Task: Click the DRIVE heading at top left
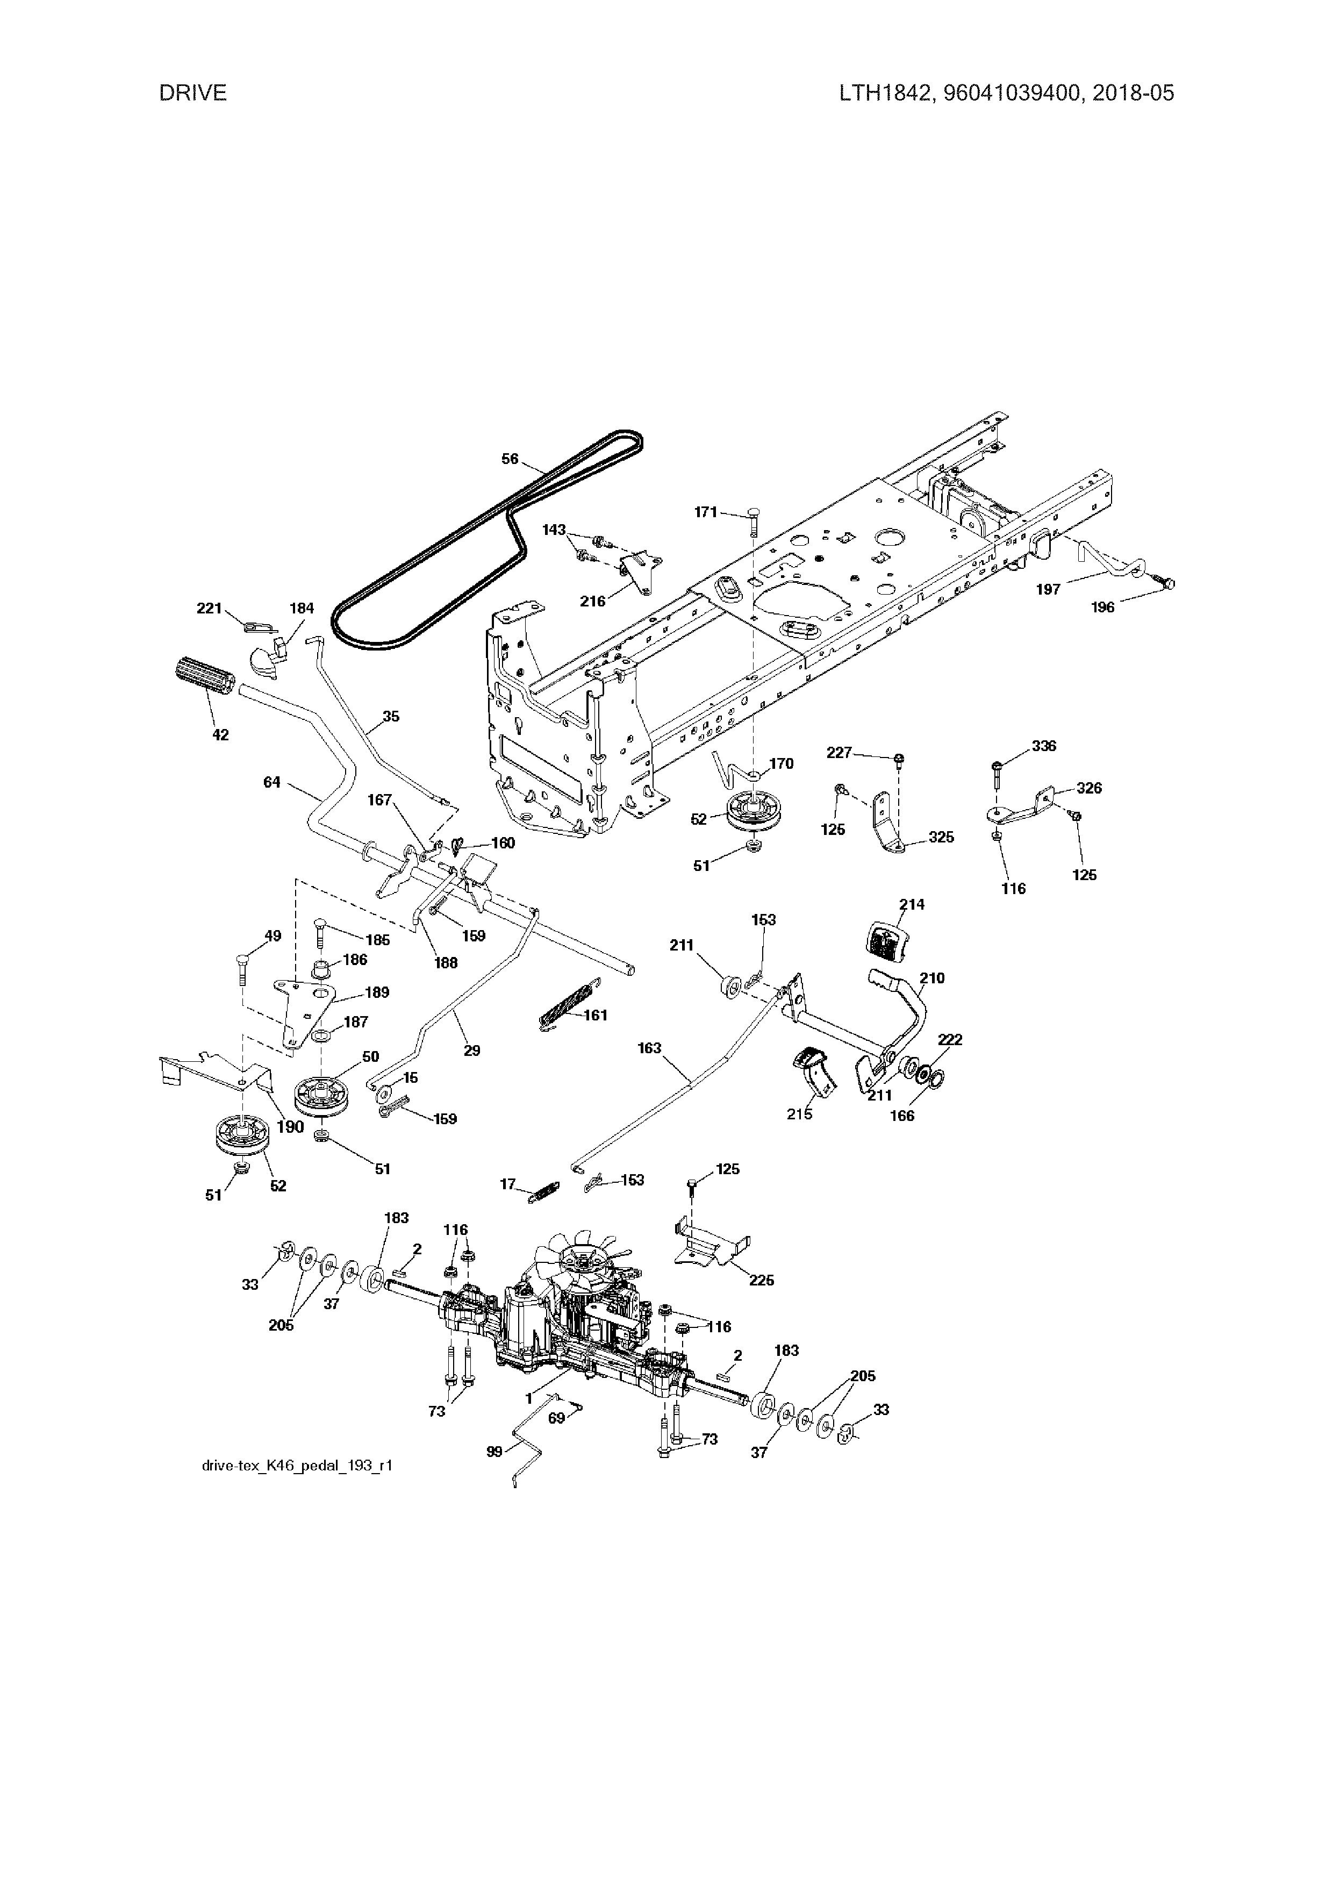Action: click(193, 93)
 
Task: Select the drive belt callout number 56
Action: click(510, 459)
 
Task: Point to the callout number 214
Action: click(911, 904)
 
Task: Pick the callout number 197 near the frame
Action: click(1048, 589)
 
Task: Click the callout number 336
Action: click(1044, 746)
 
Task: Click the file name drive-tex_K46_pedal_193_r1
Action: click(297, 1466)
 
